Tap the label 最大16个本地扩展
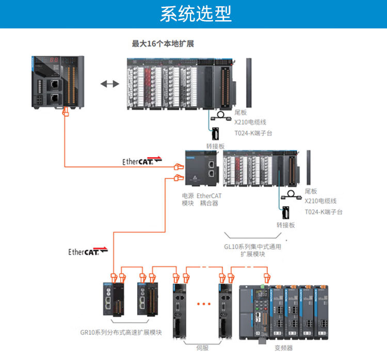click(x=163, y=44)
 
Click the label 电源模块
click(x=188, y=199)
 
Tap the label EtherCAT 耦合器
click(x=209, y=199)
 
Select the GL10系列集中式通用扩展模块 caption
click(x=252, y=250)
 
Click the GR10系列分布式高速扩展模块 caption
click(x=121, y=332)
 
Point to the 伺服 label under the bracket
click(x=203, y=347)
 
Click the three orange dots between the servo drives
click(x=204, y=304)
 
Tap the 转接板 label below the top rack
click(x=215, y=146)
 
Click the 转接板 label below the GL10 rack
click(x=285, y=225)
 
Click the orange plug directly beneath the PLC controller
click(x=65, y=112)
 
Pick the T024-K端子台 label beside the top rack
click(x=253, y=133)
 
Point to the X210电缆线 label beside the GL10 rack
click(x=320, y=201)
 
